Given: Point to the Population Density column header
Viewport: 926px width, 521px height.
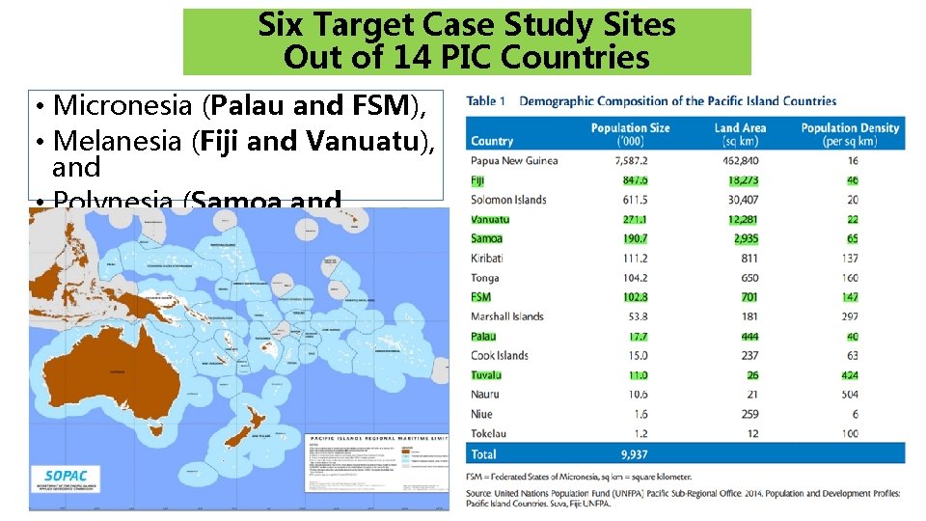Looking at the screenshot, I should tap(850, 134).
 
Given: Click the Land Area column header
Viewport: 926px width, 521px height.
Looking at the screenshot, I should tap(740, 134).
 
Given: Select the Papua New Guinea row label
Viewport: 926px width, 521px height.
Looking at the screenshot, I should tap(514, 160).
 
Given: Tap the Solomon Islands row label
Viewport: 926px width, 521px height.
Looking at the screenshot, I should tap(508, 200).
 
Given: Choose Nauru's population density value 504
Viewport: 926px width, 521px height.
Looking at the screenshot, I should tap(849, 394).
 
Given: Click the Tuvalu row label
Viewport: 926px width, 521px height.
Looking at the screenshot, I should tap(486, 374).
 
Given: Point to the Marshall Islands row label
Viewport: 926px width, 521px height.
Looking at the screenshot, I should tap(507, 316).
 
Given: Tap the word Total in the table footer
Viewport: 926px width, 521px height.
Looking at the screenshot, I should tap(484, 453).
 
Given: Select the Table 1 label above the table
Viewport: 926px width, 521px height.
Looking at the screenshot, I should tap(487, 100).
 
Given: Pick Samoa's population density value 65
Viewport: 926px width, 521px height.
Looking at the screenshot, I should tap(852, 238).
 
